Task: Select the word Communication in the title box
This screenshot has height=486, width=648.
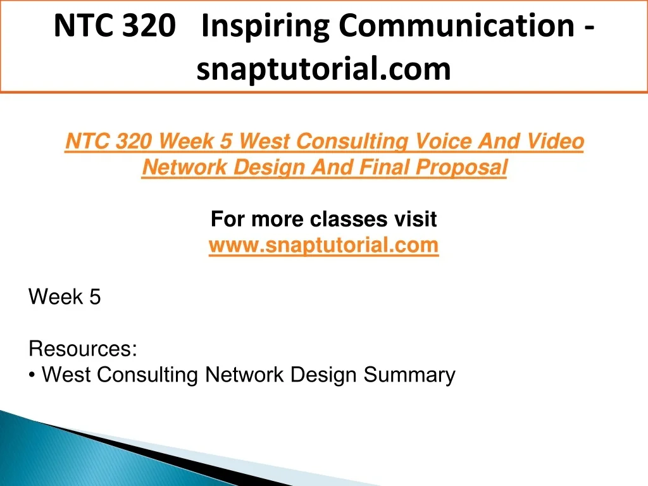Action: coord(457,25)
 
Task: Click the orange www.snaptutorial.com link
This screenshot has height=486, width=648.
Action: coord(323,246)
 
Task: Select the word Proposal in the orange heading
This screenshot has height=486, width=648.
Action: coord(461,168)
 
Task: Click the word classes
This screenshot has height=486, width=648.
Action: coord(349,219)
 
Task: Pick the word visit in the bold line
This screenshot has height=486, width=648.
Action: coord(415,218)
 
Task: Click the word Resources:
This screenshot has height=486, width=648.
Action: coord(83,349)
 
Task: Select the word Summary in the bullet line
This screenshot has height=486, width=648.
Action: coord(409,375)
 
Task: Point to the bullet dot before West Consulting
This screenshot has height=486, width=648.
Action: coord(32,375)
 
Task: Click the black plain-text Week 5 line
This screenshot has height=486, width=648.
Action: coord(65,297)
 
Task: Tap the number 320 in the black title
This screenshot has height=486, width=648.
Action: coord(149,26)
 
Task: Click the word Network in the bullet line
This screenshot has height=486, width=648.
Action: coord(245,375)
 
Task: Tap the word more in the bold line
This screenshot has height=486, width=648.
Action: coord(277,219)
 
